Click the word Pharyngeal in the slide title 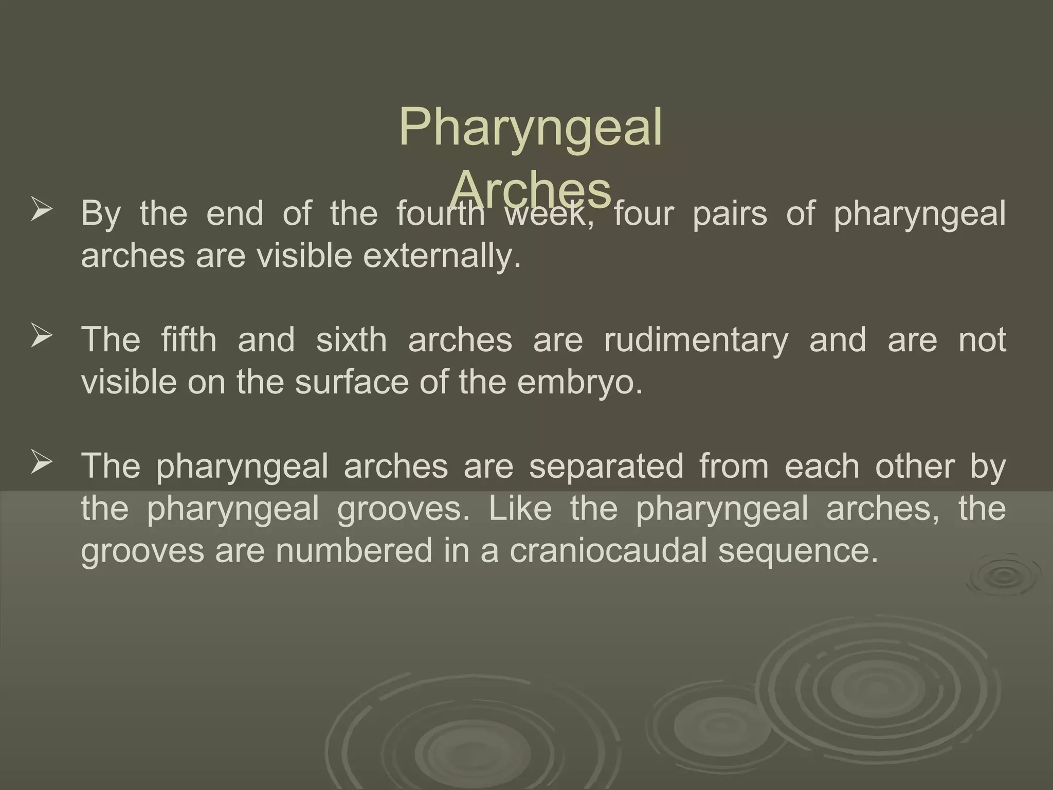coord(530,128)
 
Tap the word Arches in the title coord(533,188)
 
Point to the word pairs coord(730,213)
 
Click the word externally coord(442,256)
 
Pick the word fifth coord(189,339)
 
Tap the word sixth coord(351,339)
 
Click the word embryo coord(580,382)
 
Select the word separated coord(606,466)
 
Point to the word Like coord(520,508)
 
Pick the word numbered coord(354,550)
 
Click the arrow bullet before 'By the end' coord(41,211)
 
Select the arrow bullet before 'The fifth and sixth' coord(41,337)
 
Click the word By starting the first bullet coord(101,214)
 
